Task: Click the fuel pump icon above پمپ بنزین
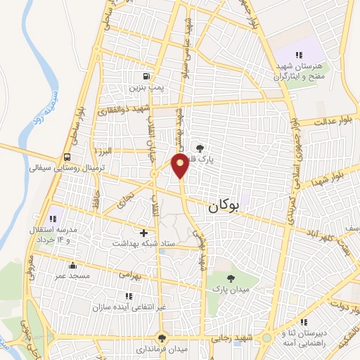pyautogui.click(x=146, y=77)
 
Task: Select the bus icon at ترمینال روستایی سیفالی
pyautogui.click(x=67, y=157)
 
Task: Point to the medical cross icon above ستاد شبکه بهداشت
pyautogui.click(x=144, y=232)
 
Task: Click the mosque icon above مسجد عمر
pyautogui.click(x=72, y=265)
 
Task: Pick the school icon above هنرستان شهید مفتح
pyautogui.click(x=299, y=55)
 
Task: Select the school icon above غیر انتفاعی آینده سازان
pyautogui.click(x=128, y=297)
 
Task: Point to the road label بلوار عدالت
pyautogui.click(x=330, y=122)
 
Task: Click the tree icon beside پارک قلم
pyautogui.click(x=201, y=148)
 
